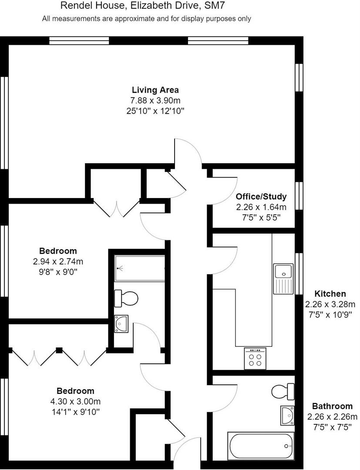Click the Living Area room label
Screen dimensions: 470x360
(155, 90)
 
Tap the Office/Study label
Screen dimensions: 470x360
(261, 197)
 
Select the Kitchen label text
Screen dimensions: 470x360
(330, 294)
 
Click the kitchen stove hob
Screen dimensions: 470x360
(255, 359)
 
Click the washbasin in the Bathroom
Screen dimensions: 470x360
(287, 414)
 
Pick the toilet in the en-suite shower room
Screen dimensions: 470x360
(126, 299)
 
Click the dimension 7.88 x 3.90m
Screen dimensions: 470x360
(155, 101)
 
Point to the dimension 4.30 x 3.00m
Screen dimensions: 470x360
(75, 401)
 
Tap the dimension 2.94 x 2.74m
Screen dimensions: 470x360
(58, 262)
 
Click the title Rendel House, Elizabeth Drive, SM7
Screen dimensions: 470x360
(143, 6)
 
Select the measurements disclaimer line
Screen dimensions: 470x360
(146, 19)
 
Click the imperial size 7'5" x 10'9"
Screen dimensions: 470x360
(330, 314)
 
